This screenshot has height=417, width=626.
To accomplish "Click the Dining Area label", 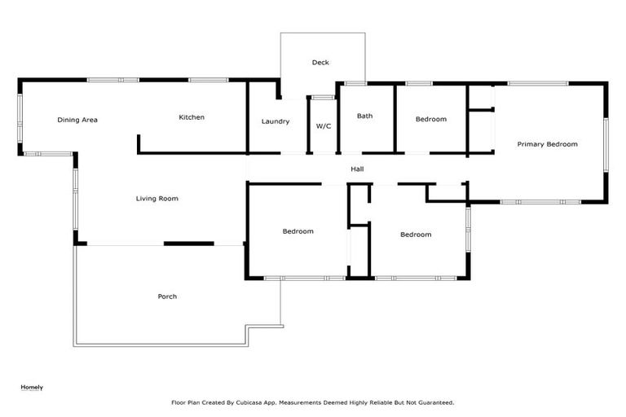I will [x=77, y=120].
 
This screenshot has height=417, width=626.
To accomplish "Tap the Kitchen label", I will [x=192, y=117].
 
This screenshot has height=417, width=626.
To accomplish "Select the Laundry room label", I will [x=276, y=121].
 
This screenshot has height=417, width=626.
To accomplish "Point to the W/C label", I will [x=323, y=126].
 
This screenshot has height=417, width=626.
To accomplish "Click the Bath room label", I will [x=364, y=116].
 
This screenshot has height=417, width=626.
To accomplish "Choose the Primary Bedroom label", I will [x=547, y=144].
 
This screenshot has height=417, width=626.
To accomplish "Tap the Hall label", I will [x=357, y=169].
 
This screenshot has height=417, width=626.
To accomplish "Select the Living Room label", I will [x=156, y=199].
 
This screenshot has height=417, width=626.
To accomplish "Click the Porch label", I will [x=167, y=296].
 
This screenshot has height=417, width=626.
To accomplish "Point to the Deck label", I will [x=320, y=63].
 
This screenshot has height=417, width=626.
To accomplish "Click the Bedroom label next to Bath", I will [x=430, y=120].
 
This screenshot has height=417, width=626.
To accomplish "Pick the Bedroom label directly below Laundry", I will [x=298, y=231].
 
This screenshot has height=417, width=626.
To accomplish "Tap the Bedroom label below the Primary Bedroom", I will [x=415, y=235].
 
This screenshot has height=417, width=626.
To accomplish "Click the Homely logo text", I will [x=32, y=387].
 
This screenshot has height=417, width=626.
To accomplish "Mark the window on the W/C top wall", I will [x=323, y=98].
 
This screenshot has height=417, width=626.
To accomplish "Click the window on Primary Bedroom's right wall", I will [x=606, y=145].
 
